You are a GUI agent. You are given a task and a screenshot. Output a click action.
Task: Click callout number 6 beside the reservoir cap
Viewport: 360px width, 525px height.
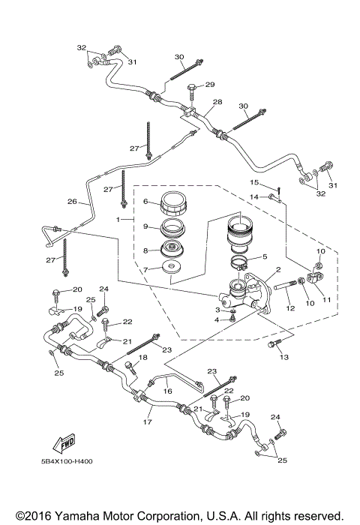(x=147, y=201)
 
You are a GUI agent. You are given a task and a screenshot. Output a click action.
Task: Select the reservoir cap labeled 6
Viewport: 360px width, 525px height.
(x=172, y=203)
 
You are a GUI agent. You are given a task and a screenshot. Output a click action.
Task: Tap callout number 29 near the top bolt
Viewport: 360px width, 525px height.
(x=210, y=84)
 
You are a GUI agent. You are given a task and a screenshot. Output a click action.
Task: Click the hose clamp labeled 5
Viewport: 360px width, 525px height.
(x=239, y=263)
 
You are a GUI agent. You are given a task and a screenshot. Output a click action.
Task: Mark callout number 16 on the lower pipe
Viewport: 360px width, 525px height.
(x=167, y=391)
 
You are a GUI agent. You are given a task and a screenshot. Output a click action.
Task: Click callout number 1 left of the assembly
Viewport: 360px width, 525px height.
(x=117, y=218)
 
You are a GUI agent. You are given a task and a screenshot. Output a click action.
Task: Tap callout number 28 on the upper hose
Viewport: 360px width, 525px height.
(x=217, y=102)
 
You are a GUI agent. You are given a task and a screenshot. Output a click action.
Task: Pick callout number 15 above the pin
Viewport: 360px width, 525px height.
(x=253, y=182)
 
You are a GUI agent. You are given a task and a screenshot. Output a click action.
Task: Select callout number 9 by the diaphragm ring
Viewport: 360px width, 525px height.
(x=147, y=226)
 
